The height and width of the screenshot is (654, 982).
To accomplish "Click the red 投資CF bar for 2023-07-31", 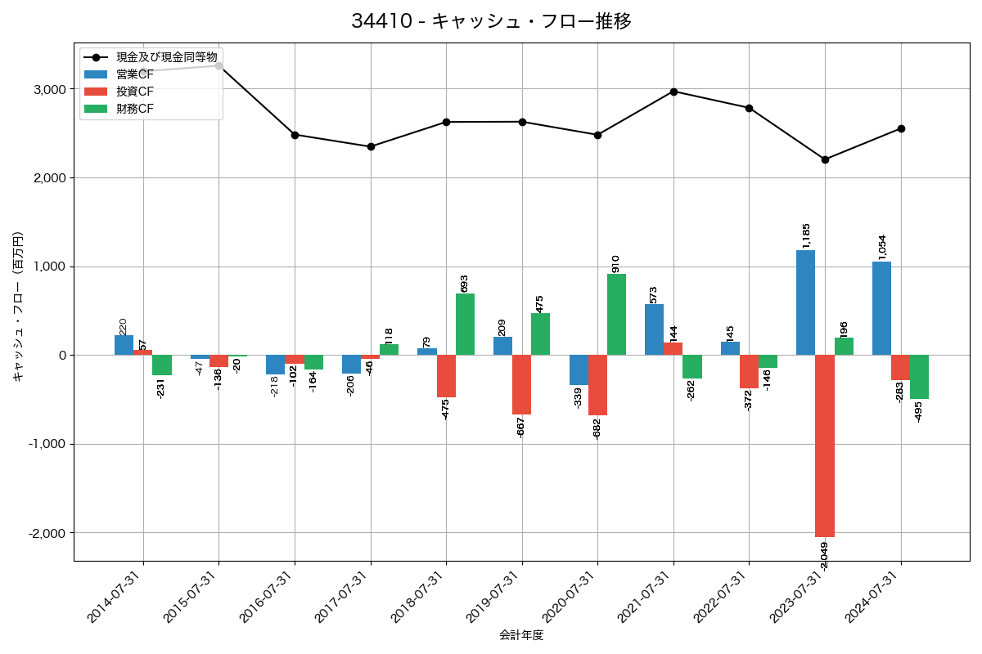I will pyautogui.click(x=825, y=446).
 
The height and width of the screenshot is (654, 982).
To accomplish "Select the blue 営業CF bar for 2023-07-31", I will pyautogui.click(x=805, y=302).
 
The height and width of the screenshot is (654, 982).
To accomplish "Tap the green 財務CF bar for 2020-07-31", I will pyautogui.click(x=616, y=315).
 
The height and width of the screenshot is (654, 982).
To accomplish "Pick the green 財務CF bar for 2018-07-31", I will pyautogui.click(x=465, y=325).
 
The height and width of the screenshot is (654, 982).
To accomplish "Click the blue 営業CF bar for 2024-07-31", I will pyautogui.click(x=881, y=308).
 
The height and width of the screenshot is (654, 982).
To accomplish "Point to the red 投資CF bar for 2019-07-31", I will pyautogui.click(x=522, y=384).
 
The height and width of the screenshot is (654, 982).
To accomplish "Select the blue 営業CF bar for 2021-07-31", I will pyautogui.click(x=654, y=329).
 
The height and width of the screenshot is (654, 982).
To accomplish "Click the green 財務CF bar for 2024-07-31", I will pyautogui.click(x=919, y=377).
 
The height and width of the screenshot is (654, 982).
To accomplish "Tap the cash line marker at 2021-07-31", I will pyautogui.click(x=673, y=92).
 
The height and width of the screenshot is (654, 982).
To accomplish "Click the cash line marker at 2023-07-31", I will pyautogui.click(x=825, y=159).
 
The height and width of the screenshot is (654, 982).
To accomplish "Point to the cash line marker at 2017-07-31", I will pyautogui.click(x=371, y=146).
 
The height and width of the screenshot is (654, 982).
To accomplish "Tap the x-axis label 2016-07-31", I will pyautogui.click(x=266, y=608).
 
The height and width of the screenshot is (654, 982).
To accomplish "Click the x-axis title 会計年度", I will pyautogui.click(x=521, y=635).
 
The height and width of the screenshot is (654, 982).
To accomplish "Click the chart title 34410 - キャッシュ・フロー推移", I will pyautogui.click(x=491, y=21).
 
